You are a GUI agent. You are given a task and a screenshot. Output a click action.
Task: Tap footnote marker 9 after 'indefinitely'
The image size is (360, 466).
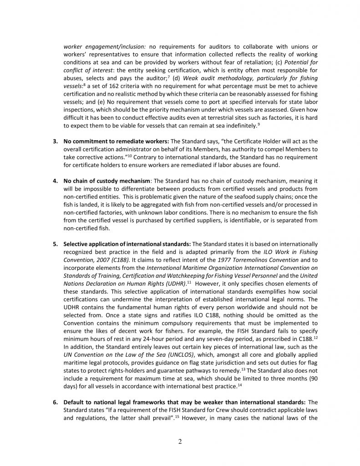259,111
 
